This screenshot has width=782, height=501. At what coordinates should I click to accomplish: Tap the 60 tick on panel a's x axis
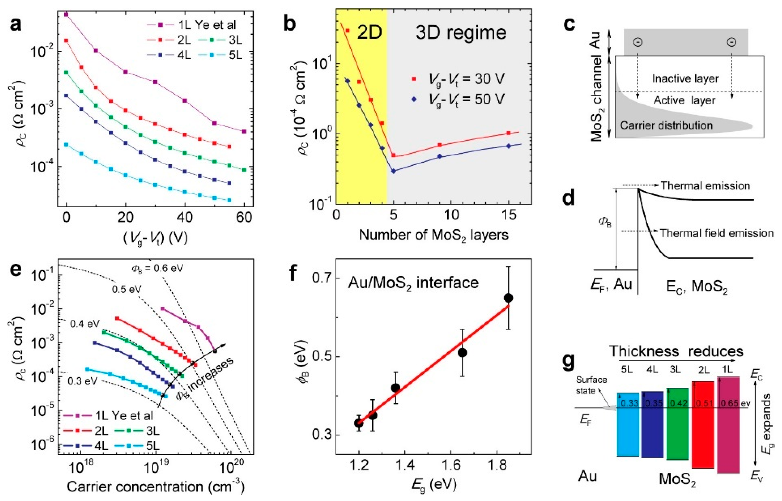pyautogui.click(x=244, y=217)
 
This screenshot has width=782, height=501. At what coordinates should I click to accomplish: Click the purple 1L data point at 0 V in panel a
pyautogui.click(x=66, y=15)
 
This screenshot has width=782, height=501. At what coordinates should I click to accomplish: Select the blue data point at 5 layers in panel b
pyautogui.click(x=393, y=171)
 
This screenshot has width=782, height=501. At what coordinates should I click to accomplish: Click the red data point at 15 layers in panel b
pyautogui.click(x=509, y=133)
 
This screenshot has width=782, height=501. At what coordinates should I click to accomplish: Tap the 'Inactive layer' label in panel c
pyautogui.click(x=685, y=79)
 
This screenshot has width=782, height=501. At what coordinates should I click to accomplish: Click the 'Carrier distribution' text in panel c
pyautogui.click(x=666, y=125)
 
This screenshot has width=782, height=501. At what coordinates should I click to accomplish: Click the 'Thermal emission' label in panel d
pyautogui.click(x=705, y=186)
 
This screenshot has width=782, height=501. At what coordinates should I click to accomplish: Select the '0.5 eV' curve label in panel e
pyautogui.click(x=126, y=289)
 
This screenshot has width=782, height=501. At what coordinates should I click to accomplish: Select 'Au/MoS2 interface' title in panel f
pyautogui.click(x=413, y=283)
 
